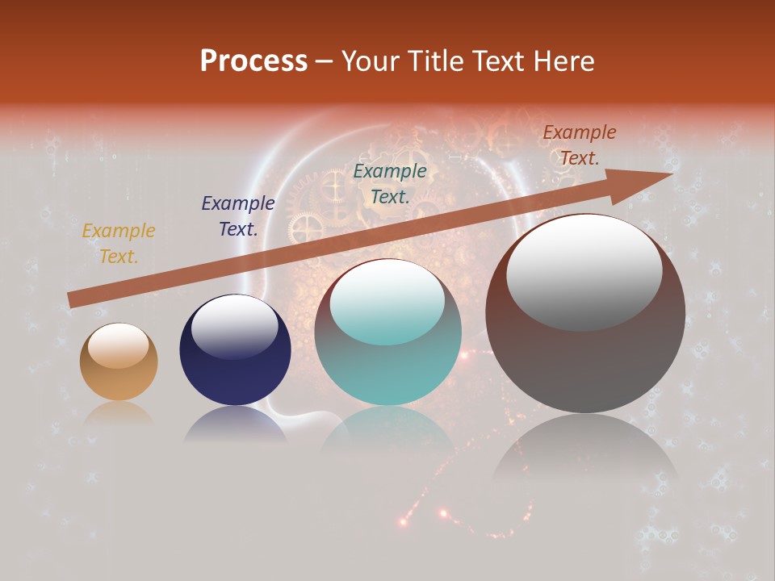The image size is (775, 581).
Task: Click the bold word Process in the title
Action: [253, 61]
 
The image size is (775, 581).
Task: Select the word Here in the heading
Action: [563, 61]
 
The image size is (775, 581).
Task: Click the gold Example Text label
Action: [119, 244]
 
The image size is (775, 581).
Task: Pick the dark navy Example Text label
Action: [237, 216]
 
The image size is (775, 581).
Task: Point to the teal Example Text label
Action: [390, 183]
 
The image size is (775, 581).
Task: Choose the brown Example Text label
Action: [579, 145]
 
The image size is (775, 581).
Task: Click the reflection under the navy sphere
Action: [235, 424]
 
